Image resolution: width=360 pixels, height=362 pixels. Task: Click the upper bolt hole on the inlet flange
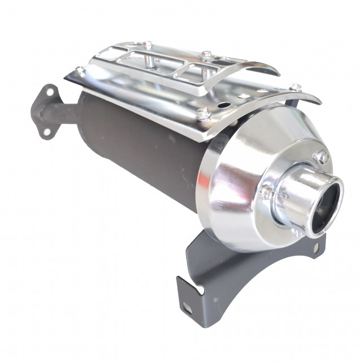pyautogui.click(x=50, y=91)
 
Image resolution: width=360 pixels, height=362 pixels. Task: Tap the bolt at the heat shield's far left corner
pyautogui.click(x=81, y=71)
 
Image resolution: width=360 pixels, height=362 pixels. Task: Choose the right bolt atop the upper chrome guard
pyautogui.click(x=206, y=55)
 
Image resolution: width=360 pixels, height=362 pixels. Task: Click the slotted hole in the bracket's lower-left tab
pyautogui.click(x=186, y=307)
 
